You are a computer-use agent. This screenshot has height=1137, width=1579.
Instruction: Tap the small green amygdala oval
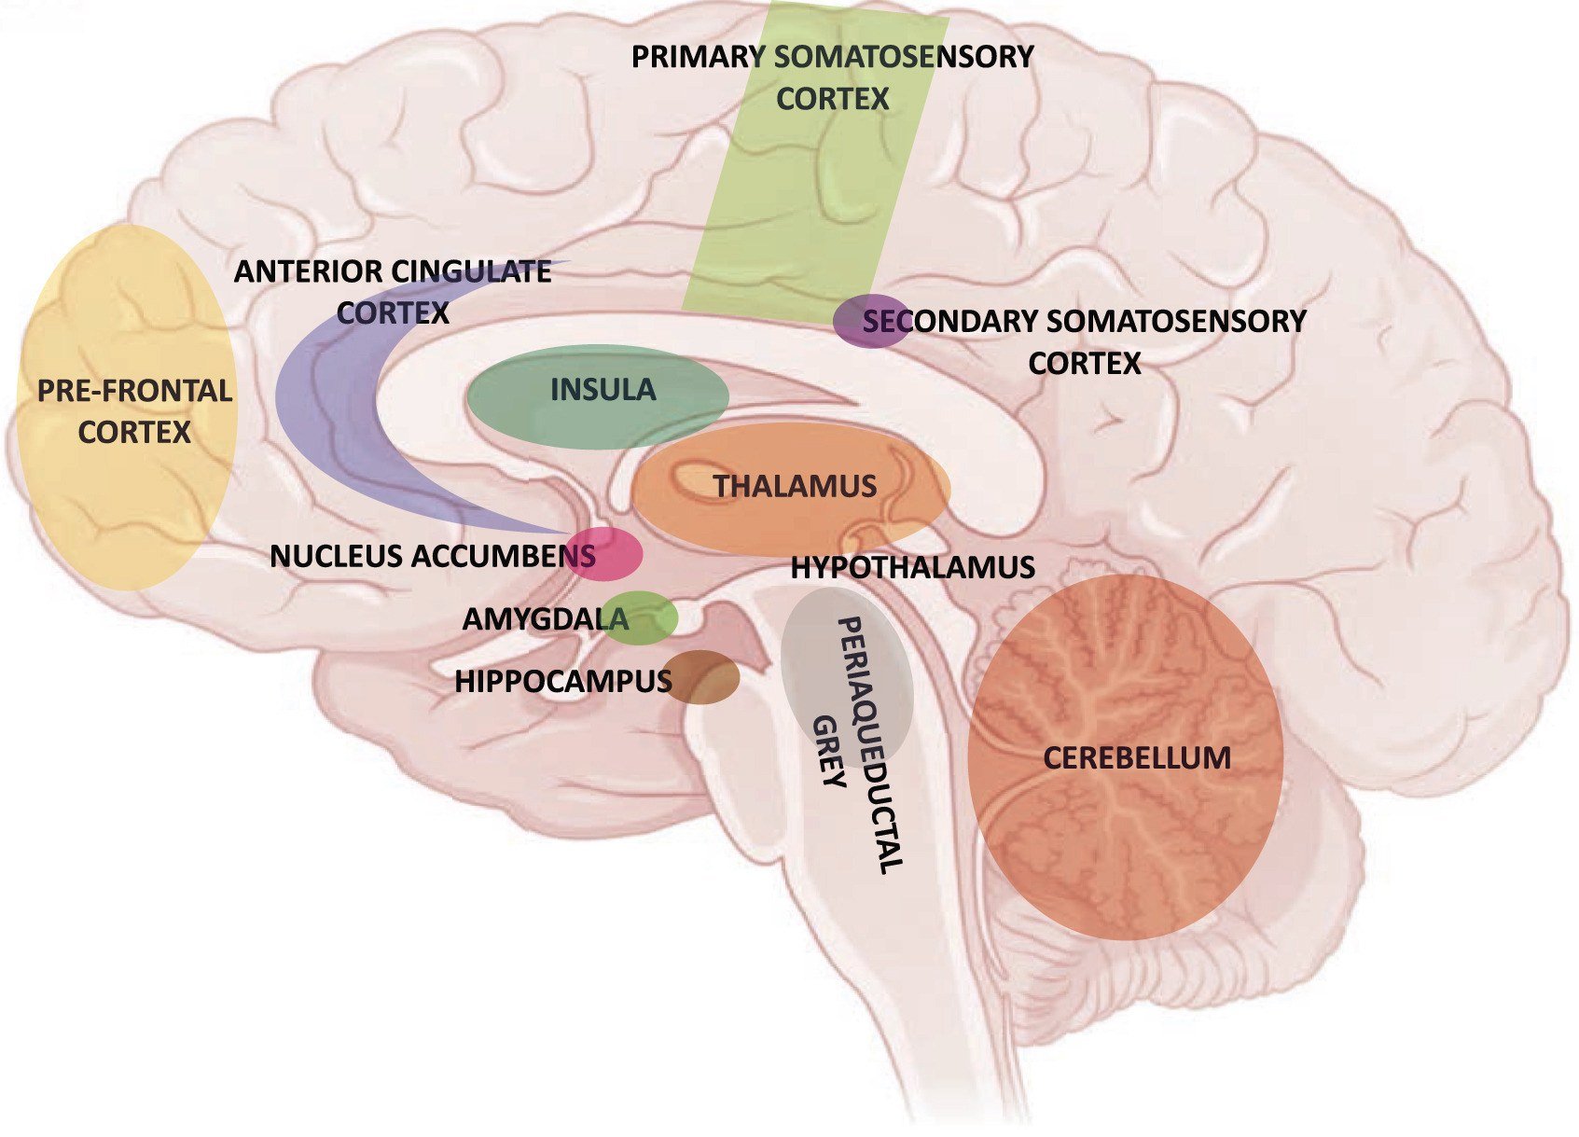point(647,617)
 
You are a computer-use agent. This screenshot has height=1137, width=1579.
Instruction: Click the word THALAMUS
point(795,486)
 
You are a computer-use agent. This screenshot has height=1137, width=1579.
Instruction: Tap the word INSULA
point(603,390)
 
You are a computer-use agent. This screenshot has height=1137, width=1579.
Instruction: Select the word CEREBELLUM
point(1136,757)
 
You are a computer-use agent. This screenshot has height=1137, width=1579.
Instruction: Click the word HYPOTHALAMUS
point(912,567)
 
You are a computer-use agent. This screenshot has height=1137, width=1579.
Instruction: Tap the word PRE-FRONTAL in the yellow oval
point(134,391)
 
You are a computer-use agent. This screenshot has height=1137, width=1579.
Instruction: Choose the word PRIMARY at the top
point(699,57)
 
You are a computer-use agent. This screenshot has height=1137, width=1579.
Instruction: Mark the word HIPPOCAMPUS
point(562,681)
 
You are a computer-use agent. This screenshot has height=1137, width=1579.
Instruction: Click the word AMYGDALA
point(545,619)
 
